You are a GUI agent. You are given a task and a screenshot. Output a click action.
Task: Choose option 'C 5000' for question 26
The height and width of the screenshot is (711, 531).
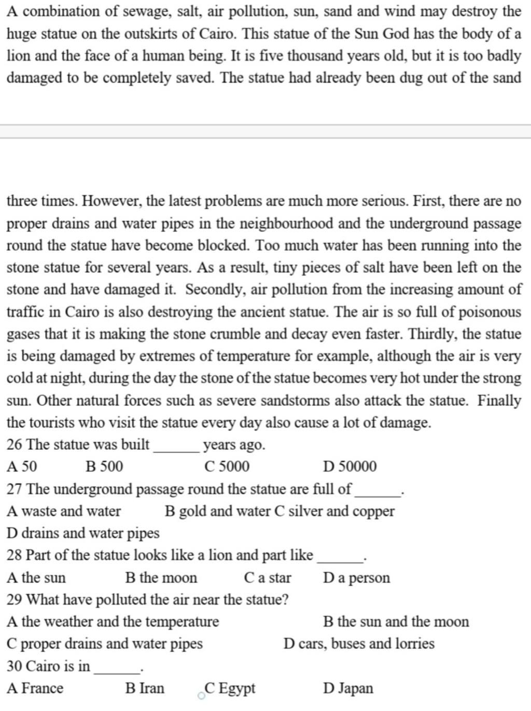[227, 467]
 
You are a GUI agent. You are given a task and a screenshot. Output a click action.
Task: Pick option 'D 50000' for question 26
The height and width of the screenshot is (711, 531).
[350, 467]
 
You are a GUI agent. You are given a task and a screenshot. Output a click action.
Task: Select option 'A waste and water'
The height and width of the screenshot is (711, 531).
[64, 511]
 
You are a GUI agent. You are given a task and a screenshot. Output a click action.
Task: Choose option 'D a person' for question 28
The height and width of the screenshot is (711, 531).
[356, 578]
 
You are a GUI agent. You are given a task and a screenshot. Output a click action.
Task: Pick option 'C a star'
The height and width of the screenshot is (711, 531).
[268, 578]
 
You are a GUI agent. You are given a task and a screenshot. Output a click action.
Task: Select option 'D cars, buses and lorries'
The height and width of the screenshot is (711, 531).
[359, 644]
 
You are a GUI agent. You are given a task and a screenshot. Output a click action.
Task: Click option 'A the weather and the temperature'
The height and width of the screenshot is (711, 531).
[113, 621]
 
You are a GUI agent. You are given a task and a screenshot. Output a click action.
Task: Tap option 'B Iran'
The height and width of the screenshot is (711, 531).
[145, 689]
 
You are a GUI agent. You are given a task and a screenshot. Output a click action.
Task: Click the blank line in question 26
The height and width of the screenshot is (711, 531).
[177, 449]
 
